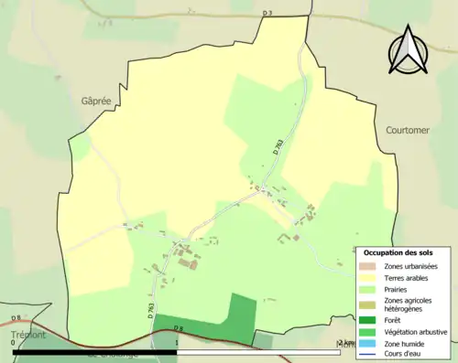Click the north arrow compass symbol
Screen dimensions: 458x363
(x=409, y=49)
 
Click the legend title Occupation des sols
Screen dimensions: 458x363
(x=398, y=251)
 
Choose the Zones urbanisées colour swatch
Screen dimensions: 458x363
(x=370, y=265)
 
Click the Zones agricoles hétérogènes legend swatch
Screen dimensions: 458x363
(x=370, y=304)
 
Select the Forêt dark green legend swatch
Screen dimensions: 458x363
(x=370, y=320)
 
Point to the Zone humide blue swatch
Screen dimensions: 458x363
(x=370, y=342)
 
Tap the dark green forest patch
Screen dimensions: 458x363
(x=211, y=325)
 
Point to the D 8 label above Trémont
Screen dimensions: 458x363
(x=16, y=317)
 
